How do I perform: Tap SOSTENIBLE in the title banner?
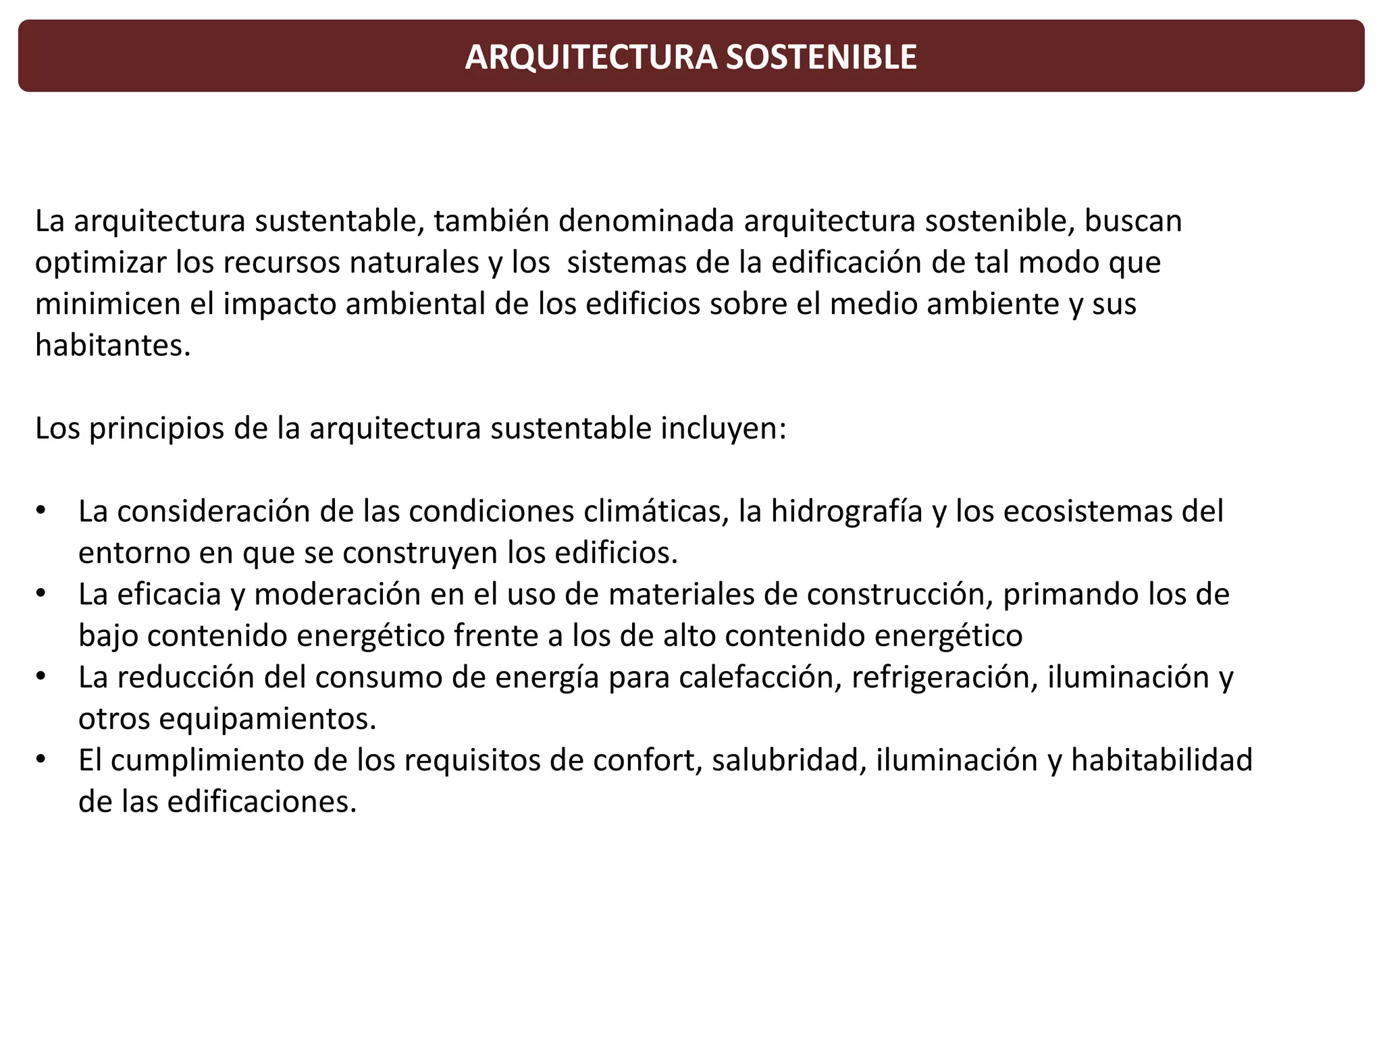821,57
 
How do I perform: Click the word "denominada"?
646,221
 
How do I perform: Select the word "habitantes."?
113,346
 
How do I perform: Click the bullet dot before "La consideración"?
41,510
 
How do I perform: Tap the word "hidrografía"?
847,512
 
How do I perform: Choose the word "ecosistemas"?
1087,512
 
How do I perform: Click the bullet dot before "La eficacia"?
41,593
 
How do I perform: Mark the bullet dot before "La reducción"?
41,676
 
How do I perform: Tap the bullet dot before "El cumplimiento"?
41,760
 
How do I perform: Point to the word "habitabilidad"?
1162,760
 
